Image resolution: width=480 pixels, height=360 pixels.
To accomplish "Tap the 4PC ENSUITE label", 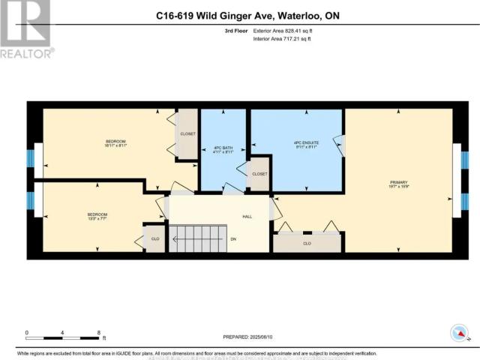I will click(x=297, y=143).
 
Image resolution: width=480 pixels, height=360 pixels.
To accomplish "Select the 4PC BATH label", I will click(x=223, y=148).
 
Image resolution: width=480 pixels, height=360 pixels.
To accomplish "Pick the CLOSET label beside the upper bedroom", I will click(x=187, y=133).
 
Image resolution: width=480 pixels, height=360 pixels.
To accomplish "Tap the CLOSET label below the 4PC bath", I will click(x=259, y=173).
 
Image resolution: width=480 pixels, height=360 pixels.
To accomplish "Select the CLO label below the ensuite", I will click(x=307, y=243).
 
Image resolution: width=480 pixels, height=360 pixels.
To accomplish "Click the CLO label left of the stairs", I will click(x=155, y=240).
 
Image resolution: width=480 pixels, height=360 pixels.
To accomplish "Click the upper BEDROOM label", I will click(x=115, y=142).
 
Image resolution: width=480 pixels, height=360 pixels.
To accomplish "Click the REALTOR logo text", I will click(x=27, y=53).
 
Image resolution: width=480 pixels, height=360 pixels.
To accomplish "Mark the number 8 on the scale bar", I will click(x=99, y=331).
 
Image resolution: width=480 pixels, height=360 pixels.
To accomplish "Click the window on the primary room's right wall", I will click(x=456, y=180).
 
